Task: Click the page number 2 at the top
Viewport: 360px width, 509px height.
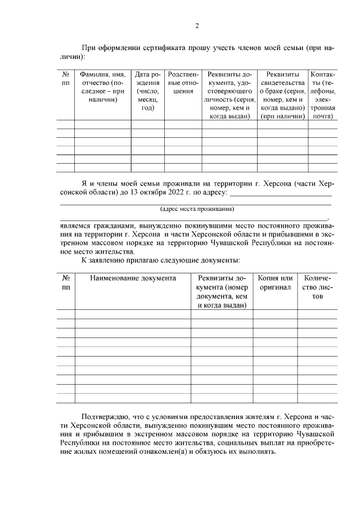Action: click(x=197, y=25)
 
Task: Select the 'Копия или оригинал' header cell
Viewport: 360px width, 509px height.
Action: click(x=275, y=283)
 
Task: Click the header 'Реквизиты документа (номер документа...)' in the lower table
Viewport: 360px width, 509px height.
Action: click(x=222, y=291)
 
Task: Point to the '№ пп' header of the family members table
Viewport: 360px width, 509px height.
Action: click(x=66, y=78)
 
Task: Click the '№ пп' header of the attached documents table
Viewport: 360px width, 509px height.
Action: click(x=66, y=283)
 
